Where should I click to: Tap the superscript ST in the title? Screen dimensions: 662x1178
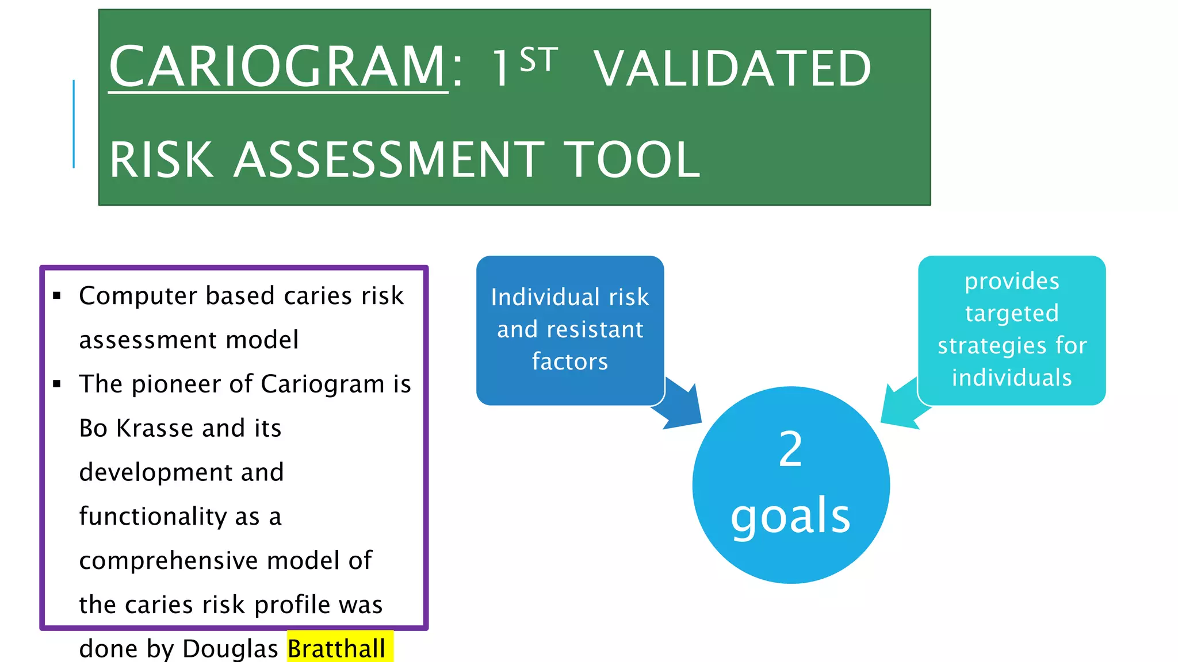coord(538,60)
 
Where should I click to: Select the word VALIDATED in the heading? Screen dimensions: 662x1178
coord(732,69)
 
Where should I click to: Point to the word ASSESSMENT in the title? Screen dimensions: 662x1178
coord(389,160)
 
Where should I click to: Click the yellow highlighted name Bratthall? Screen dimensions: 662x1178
coord(336,649)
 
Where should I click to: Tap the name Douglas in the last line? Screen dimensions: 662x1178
coord(230,649)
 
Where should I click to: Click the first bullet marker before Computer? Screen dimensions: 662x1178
coord(56,296)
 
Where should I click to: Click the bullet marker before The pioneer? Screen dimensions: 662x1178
coord(56,384)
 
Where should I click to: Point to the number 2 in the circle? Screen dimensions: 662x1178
coord(790,449)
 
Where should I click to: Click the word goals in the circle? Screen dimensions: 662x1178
coord(790,515)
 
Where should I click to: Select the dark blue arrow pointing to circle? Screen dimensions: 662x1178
coord(680,407)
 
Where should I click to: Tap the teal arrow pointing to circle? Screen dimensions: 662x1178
coord(903,406)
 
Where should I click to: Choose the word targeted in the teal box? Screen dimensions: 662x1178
coord(1012,314)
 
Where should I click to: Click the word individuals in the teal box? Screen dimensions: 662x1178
coord(1012,378)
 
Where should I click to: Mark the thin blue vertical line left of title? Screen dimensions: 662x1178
coord(74,124)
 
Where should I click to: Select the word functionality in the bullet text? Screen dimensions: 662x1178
coord(153,516)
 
